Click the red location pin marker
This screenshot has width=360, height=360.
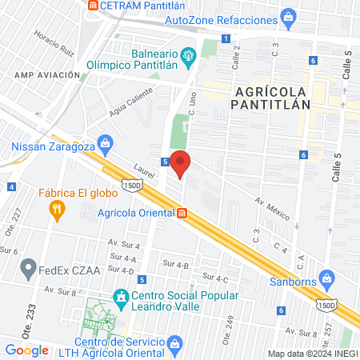[181, 163]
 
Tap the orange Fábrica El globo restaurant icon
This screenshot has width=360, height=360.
[56, 210]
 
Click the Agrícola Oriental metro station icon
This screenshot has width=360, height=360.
[182, 213]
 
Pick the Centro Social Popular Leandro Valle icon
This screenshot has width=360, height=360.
[120, 297]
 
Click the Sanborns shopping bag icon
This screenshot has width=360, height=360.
[326, 278]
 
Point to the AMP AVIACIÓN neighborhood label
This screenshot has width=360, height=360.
[47, 74]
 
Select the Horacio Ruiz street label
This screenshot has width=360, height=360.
[53, 42]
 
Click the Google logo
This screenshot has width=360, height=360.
[27, 350]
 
